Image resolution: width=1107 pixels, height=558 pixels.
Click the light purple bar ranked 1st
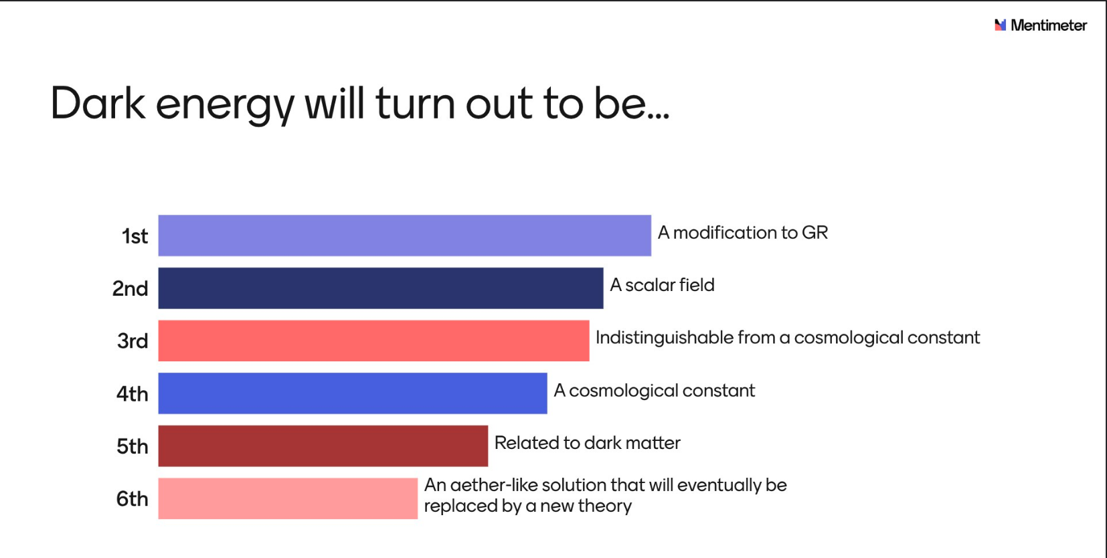point(405,236)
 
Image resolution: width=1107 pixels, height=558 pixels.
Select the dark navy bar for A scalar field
point(381,288)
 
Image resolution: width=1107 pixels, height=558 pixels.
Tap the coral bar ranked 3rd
point(373,341)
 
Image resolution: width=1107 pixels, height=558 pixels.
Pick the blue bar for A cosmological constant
point(352,393)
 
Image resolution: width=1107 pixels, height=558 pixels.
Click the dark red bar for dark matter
point(323,446)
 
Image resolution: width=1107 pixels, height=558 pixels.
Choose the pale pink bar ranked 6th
point(288,498)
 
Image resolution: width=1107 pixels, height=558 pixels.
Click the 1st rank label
point(135,236)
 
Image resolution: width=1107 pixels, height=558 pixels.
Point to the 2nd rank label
point(130,288)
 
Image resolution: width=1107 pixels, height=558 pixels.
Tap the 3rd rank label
point(133,341)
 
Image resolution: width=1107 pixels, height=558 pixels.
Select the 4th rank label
point(132,394)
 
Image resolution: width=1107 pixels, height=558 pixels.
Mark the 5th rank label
point(132,446)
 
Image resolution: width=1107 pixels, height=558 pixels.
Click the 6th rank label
point(132,498)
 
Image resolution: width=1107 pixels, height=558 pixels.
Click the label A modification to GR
point(743,232)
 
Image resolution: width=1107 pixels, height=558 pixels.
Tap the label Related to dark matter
point(587,443)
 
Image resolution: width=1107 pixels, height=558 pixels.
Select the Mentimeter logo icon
point(1001,25)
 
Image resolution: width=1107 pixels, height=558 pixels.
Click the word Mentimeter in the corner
point(1049,25)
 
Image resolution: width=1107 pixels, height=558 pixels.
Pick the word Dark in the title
point(98,103)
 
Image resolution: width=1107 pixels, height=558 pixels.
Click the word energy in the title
point(226,108)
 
